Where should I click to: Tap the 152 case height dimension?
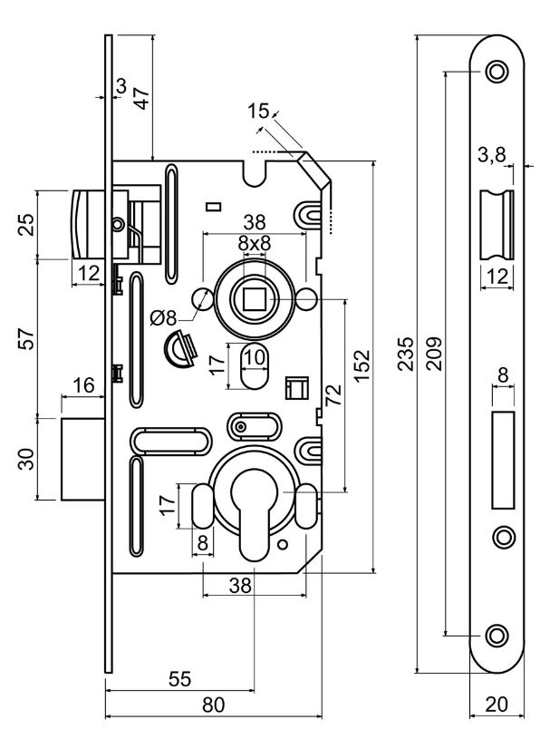[361, 365]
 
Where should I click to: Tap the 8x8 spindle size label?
[255, 244]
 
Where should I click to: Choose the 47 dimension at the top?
[140, 97]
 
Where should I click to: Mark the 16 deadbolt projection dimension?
[82, 385]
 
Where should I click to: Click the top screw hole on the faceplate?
[496, 71]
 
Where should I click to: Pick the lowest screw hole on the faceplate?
[496, 634]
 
